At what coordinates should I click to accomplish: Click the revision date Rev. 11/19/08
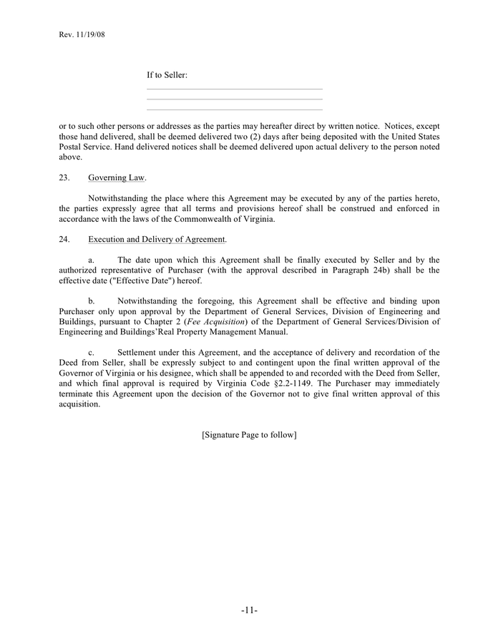[82, 34]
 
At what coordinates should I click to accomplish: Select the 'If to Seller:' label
[167, 75]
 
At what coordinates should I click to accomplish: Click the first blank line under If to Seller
[234, 89]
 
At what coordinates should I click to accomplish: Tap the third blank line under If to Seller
[234, 109]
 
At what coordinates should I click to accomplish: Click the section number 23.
[64, 177]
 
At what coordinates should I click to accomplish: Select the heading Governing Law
[117, 177]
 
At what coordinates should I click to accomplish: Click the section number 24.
[64, 239]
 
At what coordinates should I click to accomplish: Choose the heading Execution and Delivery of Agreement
[157, 239]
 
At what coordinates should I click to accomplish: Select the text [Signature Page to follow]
[249, 434]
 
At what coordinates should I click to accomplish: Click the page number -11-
[249, 610]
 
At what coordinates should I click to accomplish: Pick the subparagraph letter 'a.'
[91, 260]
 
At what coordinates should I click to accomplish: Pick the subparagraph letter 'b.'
[91, 301]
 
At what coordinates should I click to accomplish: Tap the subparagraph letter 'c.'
[91, 353]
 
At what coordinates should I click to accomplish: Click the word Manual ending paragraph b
[272, 332]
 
